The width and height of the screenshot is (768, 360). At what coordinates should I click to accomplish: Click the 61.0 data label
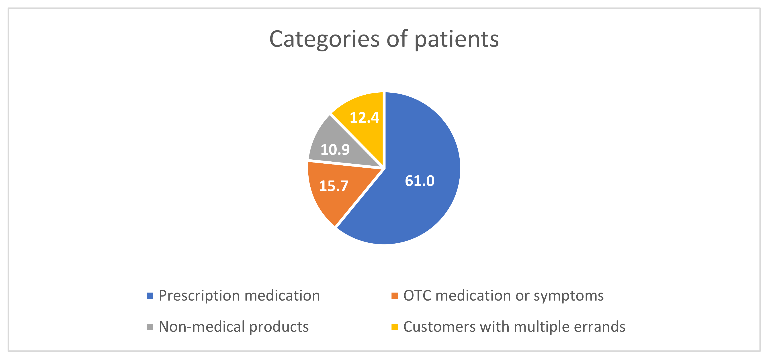click(420, 181)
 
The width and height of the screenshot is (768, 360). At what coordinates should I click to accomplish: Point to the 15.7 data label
click(334, 186)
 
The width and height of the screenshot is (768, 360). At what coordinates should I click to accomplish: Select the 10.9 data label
click(335, 150)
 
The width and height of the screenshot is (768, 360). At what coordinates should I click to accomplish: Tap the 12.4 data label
click(364, 117)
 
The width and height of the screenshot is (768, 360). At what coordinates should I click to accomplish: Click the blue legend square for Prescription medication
click(150, 296)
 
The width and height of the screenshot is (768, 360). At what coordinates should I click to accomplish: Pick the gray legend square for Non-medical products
click(150, 327)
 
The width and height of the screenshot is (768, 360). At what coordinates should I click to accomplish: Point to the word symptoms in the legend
click(569, 296)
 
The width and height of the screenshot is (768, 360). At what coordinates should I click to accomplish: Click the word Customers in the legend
click(439, 327)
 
